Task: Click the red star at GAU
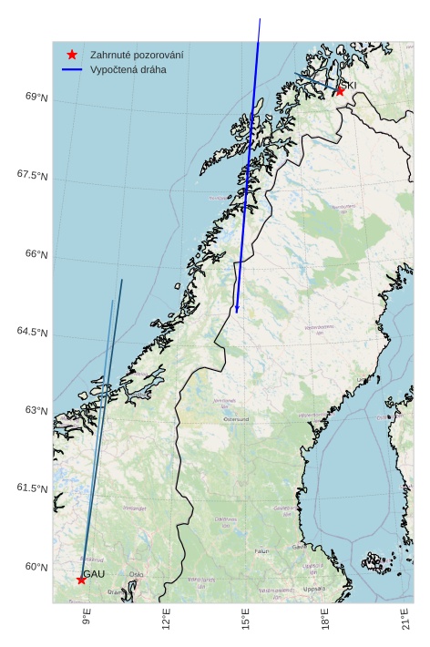[x=81, y=580]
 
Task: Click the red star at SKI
[x=340, y=90]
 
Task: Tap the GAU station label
[x=95, y=573]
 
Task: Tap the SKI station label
[x=350, y=85]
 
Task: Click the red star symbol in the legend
[x=72, y=55]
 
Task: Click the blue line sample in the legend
[x=72, y=69]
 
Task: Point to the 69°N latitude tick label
[x=36, y=97]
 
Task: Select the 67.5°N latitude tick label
[x=32, y=175]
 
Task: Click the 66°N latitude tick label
[x=36, y=253]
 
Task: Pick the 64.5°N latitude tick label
[x=32, y=332]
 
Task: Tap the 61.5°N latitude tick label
[x=32, y=488]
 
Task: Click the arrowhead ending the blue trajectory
[x=237, y=310]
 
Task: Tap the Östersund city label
[x=236, y=419]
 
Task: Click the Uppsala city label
[x=313, y=589]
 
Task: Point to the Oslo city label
[x=136, y=574]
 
